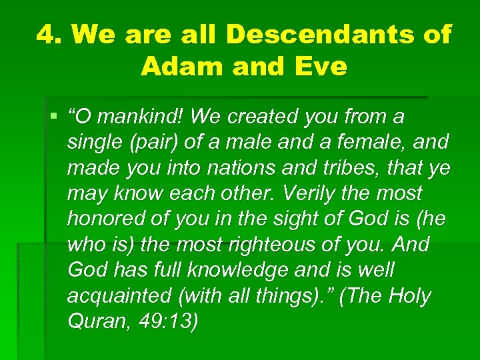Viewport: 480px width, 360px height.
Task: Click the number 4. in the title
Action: click(49, 34)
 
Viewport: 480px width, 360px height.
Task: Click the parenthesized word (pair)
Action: click(153, 143)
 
